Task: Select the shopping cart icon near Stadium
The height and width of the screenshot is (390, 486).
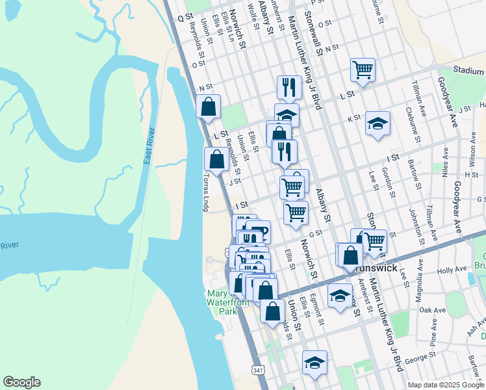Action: point(363,69)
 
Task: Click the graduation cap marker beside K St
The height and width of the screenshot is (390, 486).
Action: point(377,123)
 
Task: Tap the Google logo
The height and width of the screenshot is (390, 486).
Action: point(21,382)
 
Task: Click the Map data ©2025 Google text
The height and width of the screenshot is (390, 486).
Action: point(446,385)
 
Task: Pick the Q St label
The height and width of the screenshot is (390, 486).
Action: point(185,17)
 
